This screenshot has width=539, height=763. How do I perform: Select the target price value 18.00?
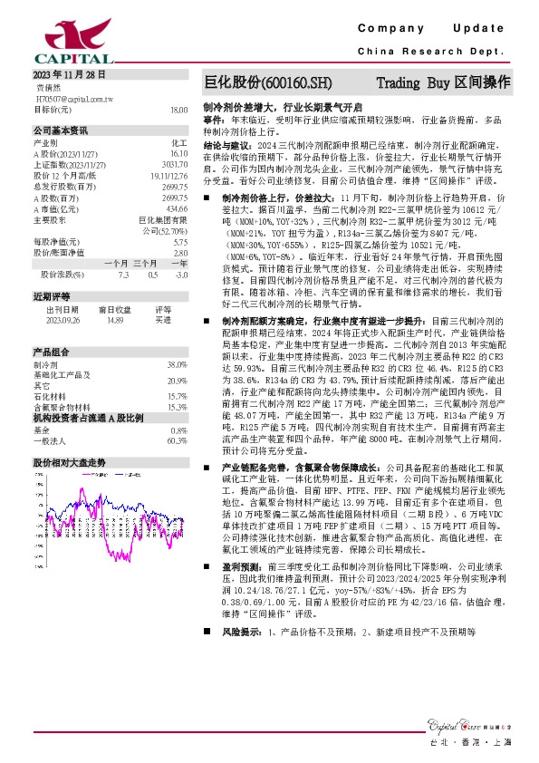click(178, 109)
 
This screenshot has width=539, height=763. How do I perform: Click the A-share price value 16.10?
click(178, 154)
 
